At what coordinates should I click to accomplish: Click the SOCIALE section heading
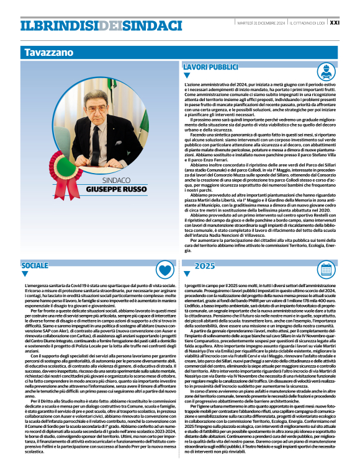(34, 265)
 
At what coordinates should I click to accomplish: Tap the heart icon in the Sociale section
(164, 269)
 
